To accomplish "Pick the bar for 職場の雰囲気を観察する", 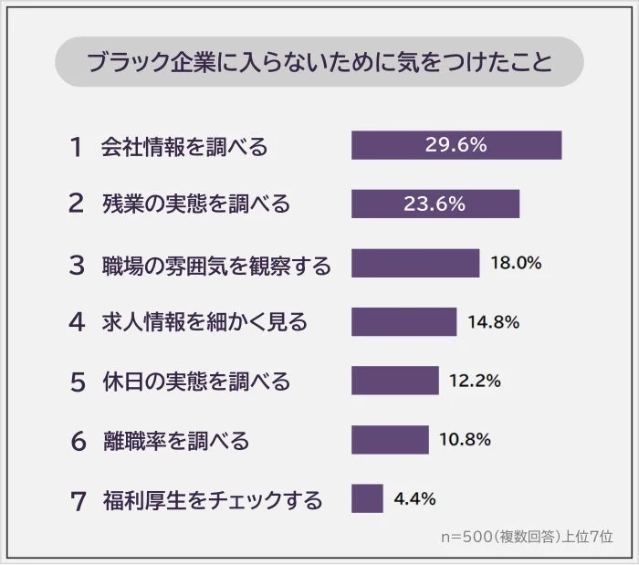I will pos(415,263).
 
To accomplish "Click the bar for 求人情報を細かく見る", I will pos(403,321).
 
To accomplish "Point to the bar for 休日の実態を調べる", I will pos(394,380).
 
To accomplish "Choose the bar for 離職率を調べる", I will pos(390,439).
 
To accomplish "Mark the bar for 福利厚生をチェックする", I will pos(367,498).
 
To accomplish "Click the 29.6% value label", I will pos(456,145).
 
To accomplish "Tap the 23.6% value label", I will pos(435,204).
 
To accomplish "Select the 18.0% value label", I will pos(516,263).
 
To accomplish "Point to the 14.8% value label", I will pos(493,321).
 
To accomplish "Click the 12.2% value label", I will pos(475,380).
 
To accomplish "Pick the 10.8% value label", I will pos(466,439).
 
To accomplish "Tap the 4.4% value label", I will pos(414,498).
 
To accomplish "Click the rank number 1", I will pos(76,146).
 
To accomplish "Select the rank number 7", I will pos(78,500).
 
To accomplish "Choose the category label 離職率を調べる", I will pos(175,441).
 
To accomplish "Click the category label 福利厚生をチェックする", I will pos(212,500).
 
